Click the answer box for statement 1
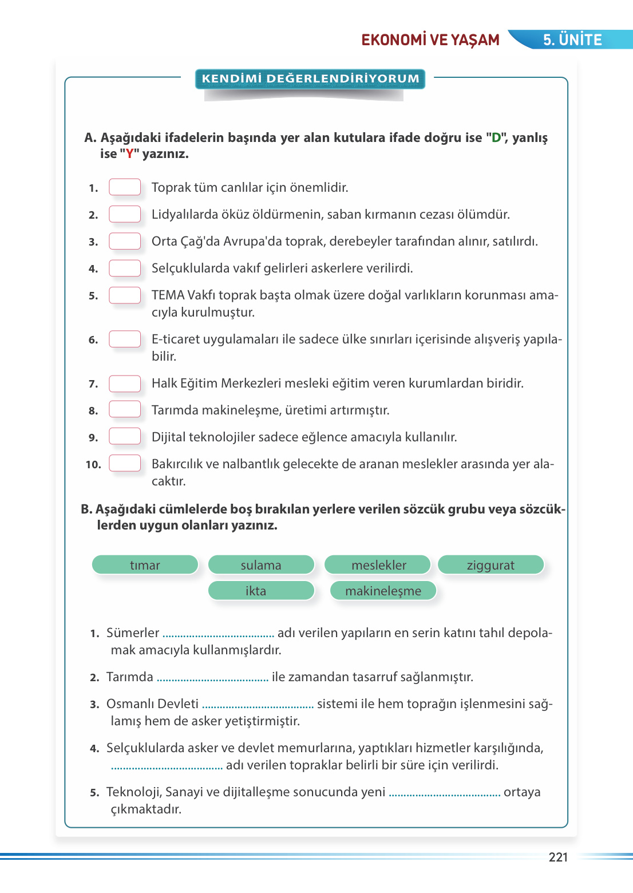click(125, 187)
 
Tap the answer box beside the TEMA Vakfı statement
click(125, 295)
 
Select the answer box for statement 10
click(125, 463)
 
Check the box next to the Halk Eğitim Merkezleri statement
click(125, 383)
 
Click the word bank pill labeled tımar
click(145, 565)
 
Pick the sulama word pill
click(261, 565)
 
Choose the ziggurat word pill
click(490, 565)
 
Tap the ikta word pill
click(261, 591)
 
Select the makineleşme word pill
click(383, 591)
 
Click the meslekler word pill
click(378, 565)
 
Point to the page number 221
click(558, 857)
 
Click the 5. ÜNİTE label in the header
click(572, 39)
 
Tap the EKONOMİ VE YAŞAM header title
click(430, 39)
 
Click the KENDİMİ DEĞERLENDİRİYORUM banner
click(310, 78)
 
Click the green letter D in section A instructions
click(496, 138)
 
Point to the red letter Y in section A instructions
click(129, 154)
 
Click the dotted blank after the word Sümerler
click(218, 634)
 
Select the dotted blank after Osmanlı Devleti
click(258, 705)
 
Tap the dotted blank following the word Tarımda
click(212, 678)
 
